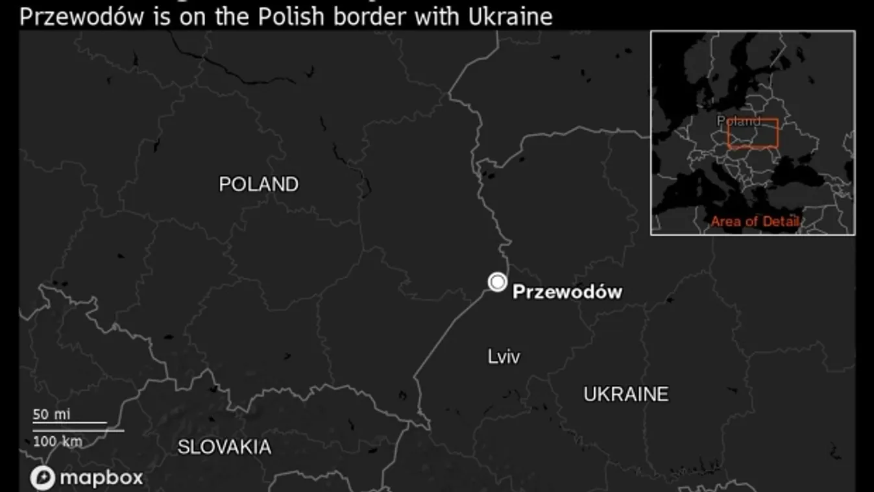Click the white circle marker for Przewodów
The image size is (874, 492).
[498, 282]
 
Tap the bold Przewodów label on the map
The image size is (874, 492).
[567, 292]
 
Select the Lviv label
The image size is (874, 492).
[504, 356]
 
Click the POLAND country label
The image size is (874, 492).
[259, 184]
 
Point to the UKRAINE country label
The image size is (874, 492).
[625, 394]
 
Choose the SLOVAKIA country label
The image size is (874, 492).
[225, 447]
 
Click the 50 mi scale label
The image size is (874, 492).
[51, 414]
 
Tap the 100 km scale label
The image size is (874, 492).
[58, 441]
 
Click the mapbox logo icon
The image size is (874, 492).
[42, 478]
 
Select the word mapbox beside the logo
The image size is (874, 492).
[101, 479]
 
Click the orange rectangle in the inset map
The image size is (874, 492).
[753, 134]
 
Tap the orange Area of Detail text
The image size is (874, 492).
[755, 221]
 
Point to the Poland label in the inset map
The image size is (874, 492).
[738, 121]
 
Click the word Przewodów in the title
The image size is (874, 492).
[81, 17]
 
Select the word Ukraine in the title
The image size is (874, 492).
[511, 17]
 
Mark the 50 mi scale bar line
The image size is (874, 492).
[70, 423]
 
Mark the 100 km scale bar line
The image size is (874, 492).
[79, 430]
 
